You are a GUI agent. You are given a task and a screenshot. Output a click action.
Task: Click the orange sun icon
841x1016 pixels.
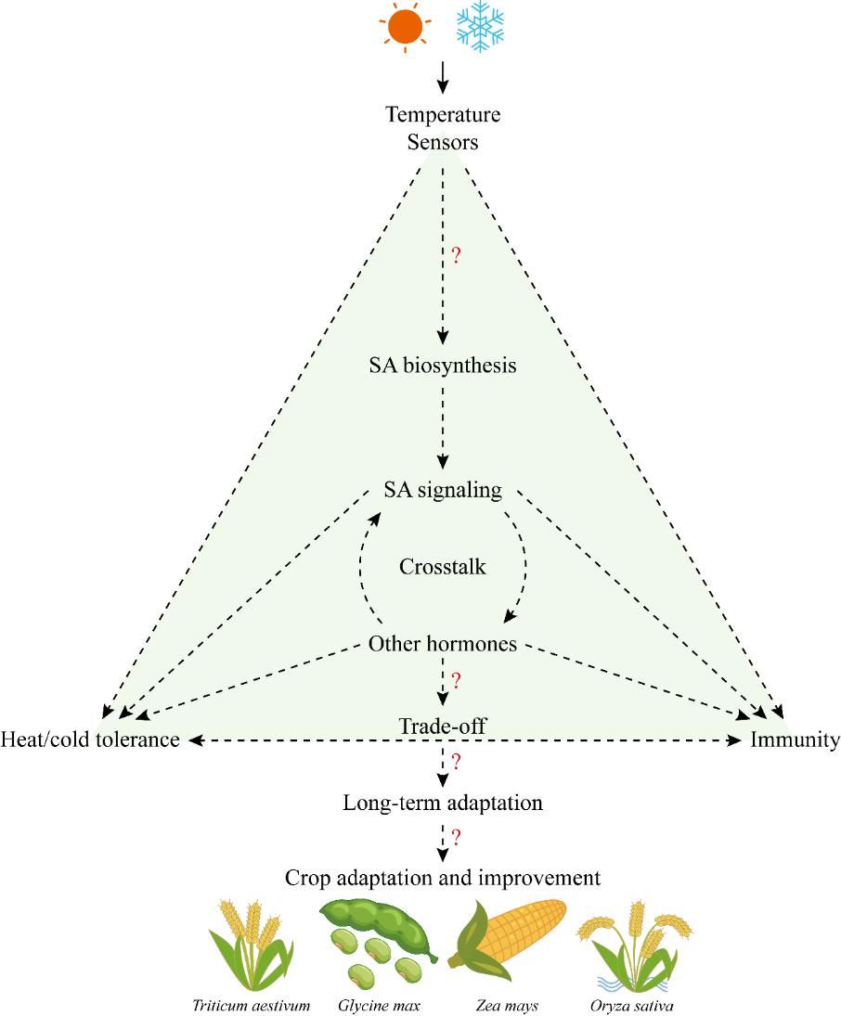(406, 27)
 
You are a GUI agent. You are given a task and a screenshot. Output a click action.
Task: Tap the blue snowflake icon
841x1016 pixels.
(479, 26)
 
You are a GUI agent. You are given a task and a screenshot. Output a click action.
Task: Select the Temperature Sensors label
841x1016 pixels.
(443, 129)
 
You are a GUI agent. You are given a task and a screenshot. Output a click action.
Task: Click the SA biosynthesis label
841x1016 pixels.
(443, 366)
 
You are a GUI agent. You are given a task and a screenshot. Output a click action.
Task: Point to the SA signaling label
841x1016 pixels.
(443, 490)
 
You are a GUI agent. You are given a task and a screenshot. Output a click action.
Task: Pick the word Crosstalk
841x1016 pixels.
(443, 567)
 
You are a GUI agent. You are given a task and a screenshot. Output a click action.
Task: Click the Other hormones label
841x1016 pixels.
(443, 644)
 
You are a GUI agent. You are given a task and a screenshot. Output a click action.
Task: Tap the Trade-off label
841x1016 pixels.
(443, 727)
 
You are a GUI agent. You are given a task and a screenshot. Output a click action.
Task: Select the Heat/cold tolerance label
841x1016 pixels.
(90, 740)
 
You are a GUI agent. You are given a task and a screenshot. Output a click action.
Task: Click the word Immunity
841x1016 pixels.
(796, 740)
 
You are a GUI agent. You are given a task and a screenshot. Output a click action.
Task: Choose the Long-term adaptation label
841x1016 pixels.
(443, 804)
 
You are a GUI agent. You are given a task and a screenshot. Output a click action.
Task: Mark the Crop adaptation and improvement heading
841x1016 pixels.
(443, 878)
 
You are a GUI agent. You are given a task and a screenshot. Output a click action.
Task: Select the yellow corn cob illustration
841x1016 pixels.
(508, 941)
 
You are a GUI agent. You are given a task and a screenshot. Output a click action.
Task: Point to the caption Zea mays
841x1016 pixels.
(507, 1006)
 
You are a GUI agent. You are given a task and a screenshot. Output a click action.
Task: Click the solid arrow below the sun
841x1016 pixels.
(443, 77)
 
